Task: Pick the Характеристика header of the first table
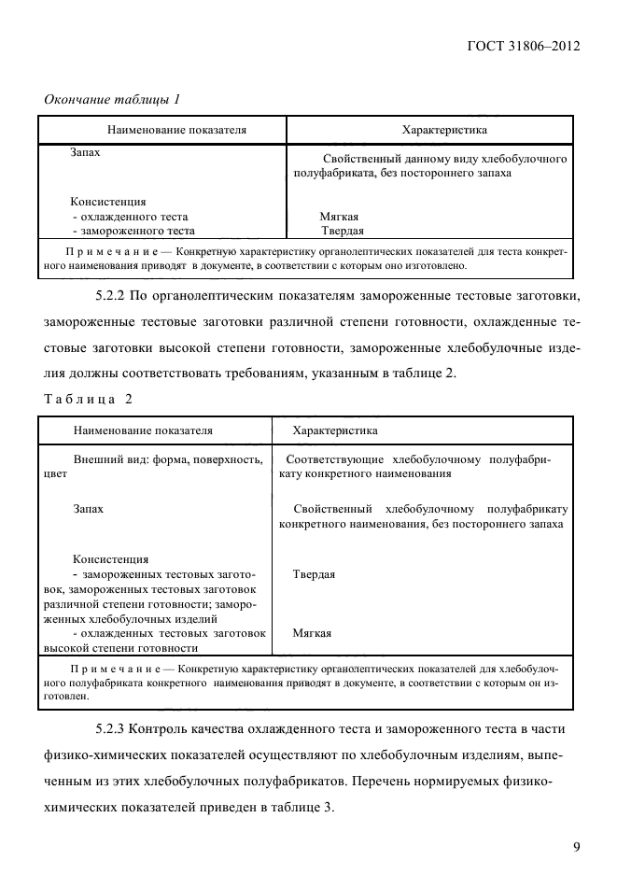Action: point(443,130)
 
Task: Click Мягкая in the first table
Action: point(339,216)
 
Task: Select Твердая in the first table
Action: point(342,231)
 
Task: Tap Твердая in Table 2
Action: point(314,574)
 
